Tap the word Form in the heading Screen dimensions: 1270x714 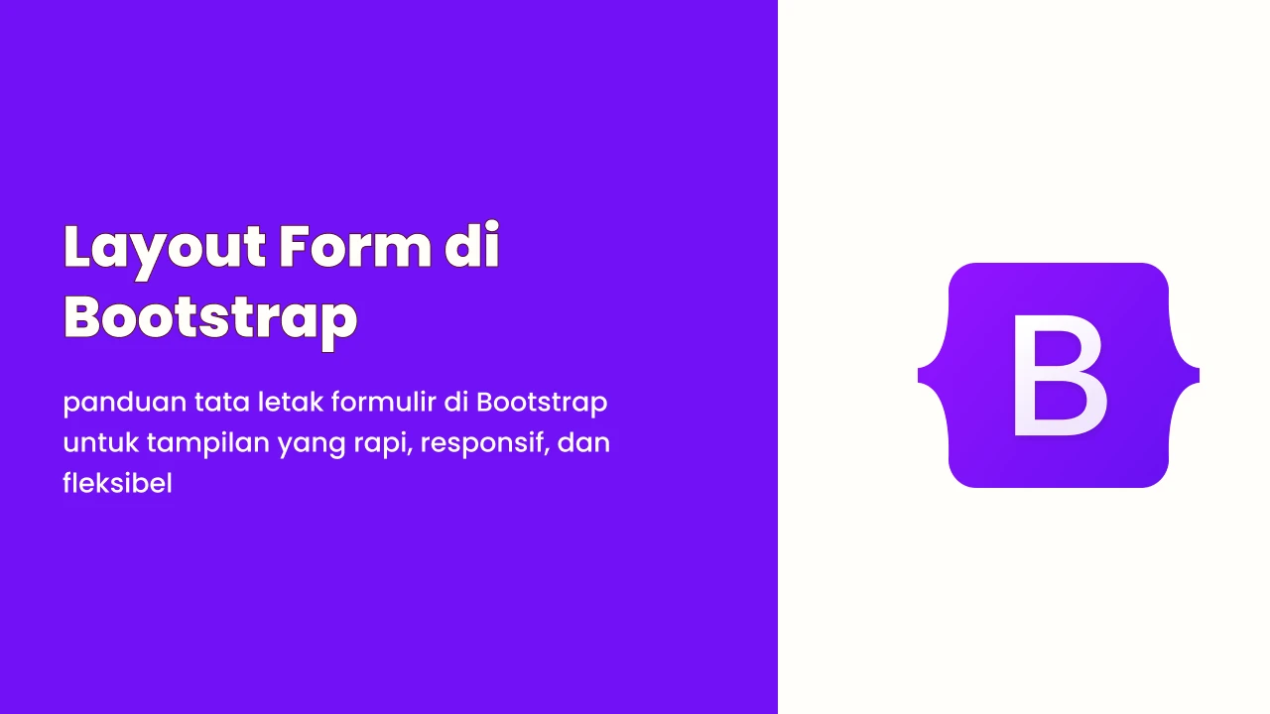click(355, 246)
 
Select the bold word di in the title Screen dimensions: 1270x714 click(471, 245)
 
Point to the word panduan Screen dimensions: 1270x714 click(125, 404)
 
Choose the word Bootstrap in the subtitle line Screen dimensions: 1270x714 click(542, 404)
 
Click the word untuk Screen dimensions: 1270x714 click(100, 442)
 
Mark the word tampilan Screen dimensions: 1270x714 click(208, 444)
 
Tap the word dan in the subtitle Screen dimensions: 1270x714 click(583, 442)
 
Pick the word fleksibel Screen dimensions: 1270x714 click(117, 483)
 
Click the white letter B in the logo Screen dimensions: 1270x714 click(1059, 376)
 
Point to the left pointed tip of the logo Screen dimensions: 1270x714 click(919, 376)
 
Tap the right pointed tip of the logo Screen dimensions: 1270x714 click(1199, 376)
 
